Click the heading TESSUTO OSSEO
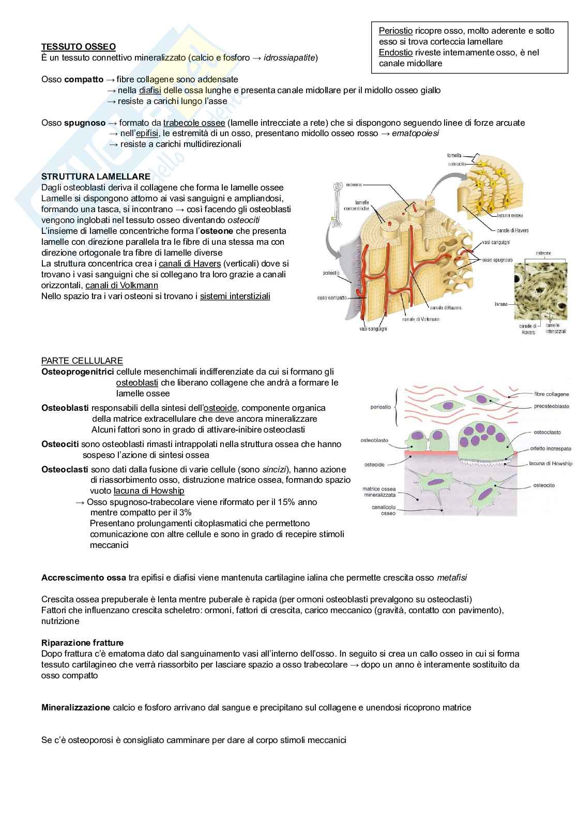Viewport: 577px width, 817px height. coord(78,47)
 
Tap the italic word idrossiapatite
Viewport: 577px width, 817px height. coord(291,57)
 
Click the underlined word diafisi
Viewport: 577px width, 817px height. coord(150,91)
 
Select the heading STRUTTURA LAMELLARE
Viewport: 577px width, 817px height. coord(96,177)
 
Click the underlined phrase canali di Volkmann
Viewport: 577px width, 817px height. coord(122,285)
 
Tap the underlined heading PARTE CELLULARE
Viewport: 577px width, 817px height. coord(82,361)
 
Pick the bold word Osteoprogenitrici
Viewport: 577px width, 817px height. coord(78,372)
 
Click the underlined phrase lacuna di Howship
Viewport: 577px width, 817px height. coord(149,491)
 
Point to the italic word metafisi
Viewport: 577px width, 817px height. coord(455,577)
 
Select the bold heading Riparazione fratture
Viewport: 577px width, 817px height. coord(82,643)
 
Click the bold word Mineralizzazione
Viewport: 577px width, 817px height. coord(75,707)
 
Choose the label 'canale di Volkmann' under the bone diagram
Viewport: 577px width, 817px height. coord(421,319)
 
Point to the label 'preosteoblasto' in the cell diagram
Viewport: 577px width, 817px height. coord(551,407)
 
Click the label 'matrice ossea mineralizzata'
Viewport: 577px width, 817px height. coord(379,492)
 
